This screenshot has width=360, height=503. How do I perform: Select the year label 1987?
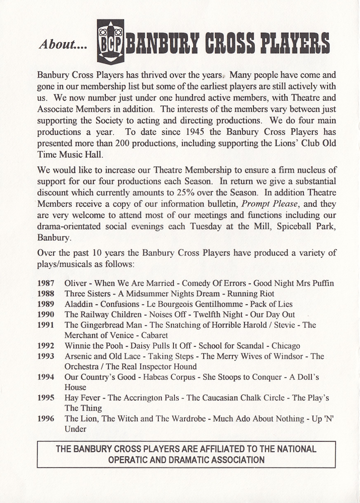click(x=46, y=283)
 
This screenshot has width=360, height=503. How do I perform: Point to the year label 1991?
click(x=46, y=325)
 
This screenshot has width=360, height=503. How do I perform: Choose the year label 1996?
click(x=46, y=418)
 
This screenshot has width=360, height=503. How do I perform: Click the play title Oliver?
click(x=76, y=283)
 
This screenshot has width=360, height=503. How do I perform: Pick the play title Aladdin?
click(x=79, y=304)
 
